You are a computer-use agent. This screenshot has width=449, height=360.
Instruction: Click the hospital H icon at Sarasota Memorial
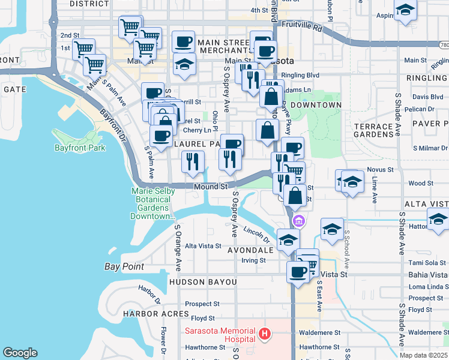(x=262, y=333)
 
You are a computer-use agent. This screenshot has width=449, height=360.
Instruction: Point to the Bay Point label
(x=124, y=267)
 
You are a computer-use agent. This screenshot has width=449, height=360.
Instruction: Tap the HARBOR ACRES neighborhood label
(x=148, y=314)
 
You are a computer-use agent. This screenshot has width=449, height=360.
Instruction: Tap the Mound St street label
(x=211, y=187)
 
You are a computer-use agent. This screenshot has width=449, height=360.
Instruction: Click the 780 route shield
(x=444, y=44)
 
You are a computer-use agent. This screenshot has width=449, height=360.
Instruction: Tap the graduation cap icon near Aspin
(x=406, y=11)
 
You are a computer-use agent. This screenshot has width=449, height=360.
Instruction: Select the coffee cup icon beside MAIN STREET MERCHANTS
(x=184, y=42)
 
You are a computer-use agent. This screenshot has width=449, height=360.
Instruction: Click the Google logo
(x=20, y=353)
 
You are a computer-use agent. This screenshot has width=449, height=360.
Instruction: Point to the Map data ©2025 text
(x=423, y=355)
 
